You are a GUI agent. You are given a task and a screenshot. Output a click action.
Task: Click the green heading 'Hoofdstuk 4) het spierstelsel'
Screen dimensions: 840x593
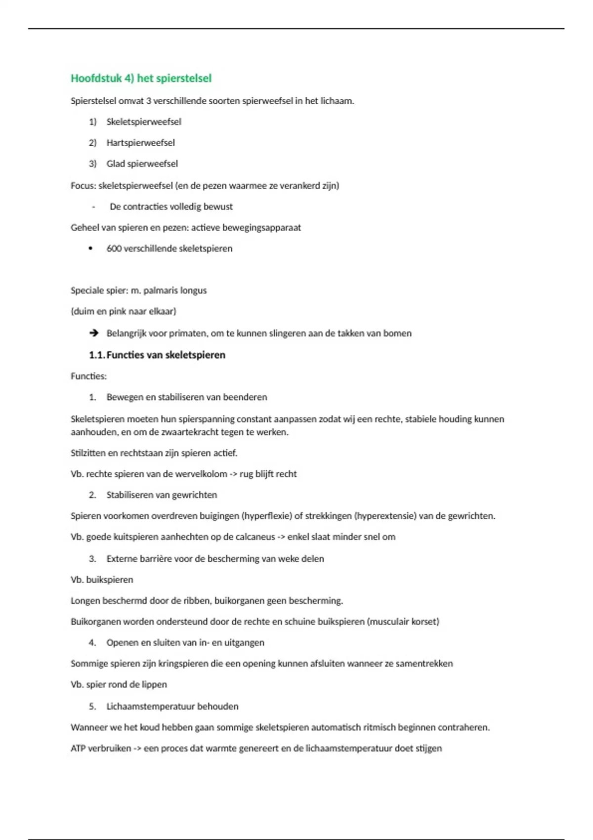[141, 78]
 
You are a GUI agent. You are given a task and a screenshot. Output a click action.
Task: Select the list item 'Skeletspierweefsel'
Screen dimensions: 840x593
[144, 122]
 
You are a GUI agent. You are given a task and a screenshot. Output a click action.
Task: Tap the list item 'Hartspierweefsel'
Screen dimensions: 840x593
[140, 143]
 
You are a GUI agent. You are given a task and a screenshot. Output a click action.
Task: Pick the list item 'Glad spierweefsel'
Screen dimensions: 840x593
[142, 164]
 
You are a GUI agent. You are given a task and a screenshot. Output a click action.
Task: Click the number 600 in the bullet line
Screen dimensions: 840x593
[114, 249]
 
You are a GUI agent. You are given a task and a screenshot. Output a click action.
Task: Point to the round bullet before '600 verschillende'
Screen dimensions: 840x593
[90, 249]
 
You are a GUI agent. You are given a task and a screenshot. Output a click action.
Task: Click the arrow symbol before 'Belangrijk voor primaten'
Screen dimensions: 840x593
[93, 333]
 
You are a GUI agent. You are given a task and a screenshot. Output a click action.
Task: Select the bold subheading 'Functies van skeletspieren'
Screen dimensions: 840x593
[166, 355]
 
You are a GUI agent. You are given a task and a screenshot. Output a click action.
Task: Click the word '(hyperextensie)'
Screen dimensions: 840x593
[385, 516]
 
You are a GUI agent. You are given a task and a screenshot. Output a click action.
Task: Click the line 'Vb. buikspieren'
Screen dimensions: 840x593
[102, 580]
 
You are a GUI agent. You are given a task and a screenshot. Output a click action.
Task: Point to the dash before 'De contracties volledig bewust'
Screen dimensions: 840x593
[93, 207]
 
